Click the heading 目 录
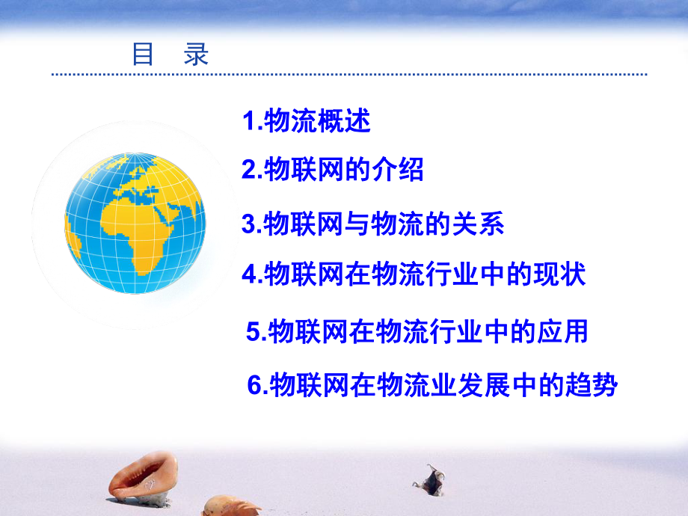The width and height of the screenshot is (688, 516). tap(171, 55)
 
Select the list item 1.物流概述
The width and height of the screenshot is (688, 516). tap(307, 122)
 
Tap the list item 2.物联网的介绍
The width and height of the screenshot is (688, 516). tap(333, 171)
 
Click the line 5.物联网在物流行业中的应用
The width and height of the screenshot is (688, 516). tap(417, 332)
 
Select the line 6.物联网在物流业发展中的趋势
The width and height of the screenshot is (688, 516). tap(432, 386)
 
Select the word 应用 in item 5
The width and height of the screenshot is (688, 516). tap(564, 332)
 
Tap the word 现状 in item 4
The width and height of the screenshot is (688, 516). tap(562, 275)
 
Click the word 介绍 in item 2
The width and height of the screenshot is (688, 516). tap(402, 171)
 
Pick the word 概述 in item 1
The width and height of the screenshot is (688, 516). tap(349, 122)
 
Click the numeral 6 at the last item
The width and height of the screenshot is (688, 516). tap(254, 387)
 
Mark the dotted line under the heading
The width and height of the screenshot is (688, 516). tap(348, 75)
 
